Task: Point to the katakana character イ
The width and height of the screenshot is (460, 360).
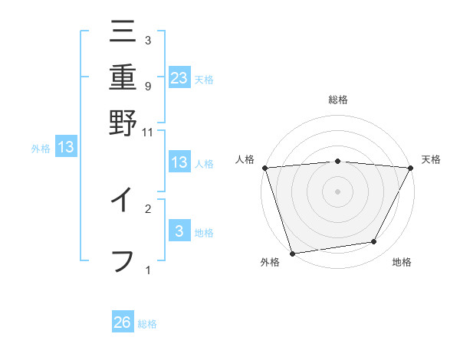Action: tap(123, 201)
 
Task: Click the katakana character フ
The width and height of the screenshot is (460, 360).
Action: tap(123, 259)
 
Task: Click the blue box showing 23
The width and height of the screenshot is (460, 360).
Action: tap(179, 77)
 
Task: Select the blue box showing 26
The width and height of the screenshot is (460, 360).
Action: tap(123, 322)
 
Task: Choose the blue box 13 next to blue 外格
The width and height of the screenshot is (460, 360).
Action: tap(66, 147)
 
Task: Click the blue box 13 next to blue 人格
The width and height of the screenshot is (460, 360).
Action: tap(179, 162)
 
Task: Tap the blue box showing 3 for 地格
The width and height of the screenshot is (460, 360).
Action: tap(179, 231)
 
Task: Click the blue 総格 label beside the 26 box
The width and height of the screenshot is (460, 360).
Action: tap(147, 324)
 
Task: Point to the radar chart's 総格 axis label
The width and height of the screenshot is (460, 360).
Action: tap(337, 100)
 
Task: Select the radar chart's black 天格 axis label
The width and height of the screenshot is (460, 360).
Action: tap(432, 159)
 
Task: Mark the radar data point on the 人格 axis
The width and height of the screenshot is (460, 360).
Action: tap(264, 168)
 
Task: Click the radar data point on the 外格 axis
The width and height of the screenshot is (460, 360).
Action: tap(292, 253)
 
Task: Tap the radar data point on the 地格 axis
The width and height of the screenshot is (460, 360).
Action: tap(374, 242)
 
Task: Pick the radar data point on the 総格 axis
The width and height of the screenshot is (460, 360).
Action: tap(337, 161)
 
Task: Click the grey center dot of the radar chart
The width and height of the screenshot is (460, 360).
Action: tap(337, 191)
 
